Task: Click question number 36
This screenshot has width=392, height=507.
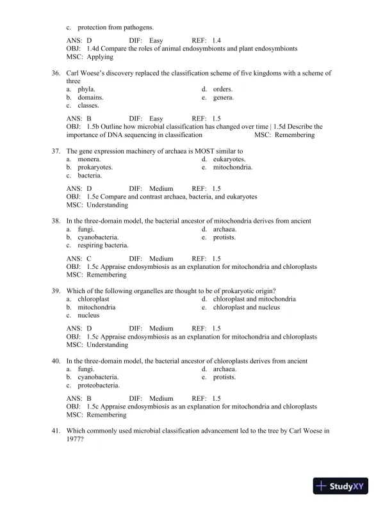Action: tap(56, 73)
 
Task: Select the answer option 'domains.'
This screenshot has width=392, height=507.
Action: tap(90, 97)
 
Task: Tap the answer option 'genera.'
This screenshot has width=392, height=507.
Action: tap(223, 97)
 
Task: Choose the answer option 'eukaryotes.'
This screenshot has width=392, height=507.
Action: tap(229, 159)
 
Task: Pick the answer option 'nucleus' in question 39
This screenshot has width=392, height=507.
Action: tap(88, 315)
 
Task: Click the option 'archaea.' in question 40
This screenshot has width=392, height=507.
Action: tap(225, 369)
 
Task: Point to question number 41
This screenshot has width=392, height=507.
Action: tap(56, 431)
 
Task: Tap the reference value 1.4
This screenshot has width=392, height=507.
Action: tap(216, 40)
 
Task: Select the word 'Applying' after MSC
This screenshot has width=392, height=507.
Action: tap(100, 56)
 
